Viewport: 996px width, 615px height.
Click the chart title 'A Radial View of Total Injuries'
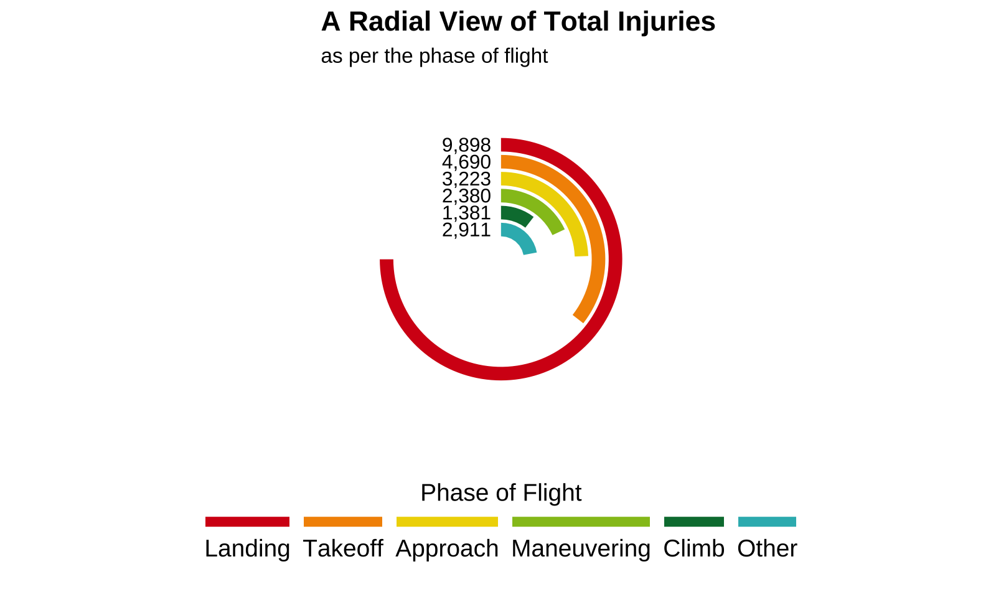pos(518,22)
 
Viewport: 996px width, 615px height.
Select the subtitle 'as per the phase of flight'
pos(434,56)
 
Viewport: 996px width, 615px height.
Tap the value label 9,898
pos(466,145)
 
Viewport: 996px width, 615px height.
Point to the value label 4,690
pos(466,162)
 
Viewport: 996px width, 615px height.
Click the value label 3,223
pos(466,179)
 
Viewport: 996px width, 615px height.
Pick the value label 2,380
pos(466,196)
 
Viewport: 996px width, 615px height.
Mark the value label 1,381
pos(466,213)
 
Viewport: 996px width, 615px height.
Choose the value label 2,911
pos(466,230)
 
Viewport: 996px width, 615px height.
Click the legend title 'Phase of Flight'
pos(501,493)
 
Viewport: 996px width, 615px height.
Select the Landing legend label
pos(247,548)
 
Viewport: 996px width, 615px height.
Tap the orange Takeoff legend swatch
pos(343,522)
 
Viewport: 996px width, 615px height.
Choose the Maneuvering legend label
pos(581,548)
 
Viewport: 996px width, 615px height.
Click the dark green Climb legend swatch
pos(694,522)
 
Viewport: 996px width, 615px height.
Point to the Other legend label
pos(767,548)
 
